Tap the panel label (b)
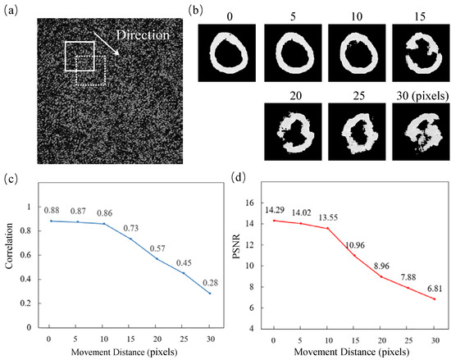[x=210, y=11]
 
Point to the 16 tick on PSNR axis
[x=253, y=201]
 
